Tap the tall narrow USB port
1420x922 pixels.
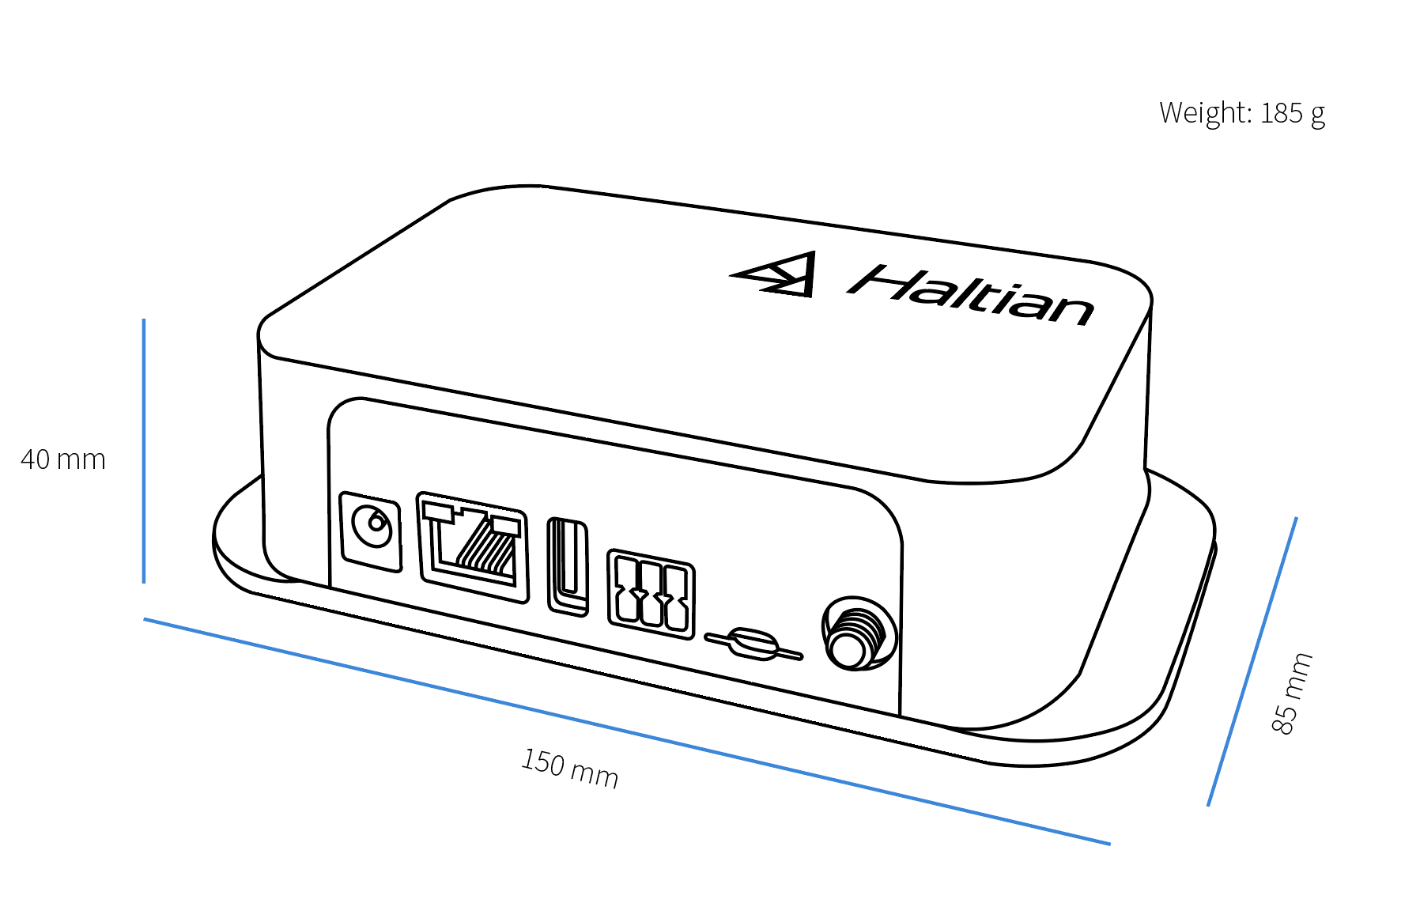[x=568, y=566]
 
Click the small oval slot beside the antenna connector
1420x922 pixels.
[x=753, y=644]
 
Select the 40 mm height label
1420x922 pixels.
[x=63, y=459]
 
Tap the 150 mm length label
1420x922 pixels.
[x=569, y=768]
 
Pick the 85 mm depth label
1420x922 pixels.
[x=1292, y=693]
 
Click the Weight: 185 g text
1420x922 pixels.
[x=1241, y=114]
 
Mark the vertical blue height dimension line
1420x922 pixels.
[x=144, y=451]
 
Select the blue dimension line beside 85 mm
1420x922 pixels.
[x=1252, y=663]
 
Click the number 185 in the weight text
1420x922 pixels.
[x=1281, y=114]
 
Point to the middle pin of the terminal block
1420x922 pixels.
[x=651, y=595]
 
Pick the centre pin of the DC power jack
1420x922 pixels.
[x=375, y=523]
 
